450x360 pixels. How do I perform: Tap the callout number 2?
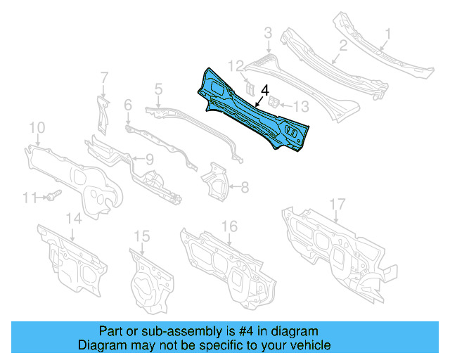click(342, 47)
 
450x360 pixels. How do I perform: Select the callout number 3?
click(268, 32)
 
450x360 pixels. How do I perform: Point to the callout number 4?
click(264, 90)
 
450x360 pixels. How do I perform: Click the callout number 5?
click(159, 89)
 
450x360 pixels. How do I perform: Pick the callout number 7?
click(103, 77)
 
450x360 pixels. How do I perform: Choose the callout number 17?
click(338, 204)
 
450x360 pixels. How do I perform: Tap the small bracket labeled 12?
click(249, 86)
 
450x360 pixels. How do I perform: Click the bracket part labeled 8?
click(216, 178)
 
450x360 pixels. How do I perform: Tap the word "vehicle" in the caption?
click(311, 345)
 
